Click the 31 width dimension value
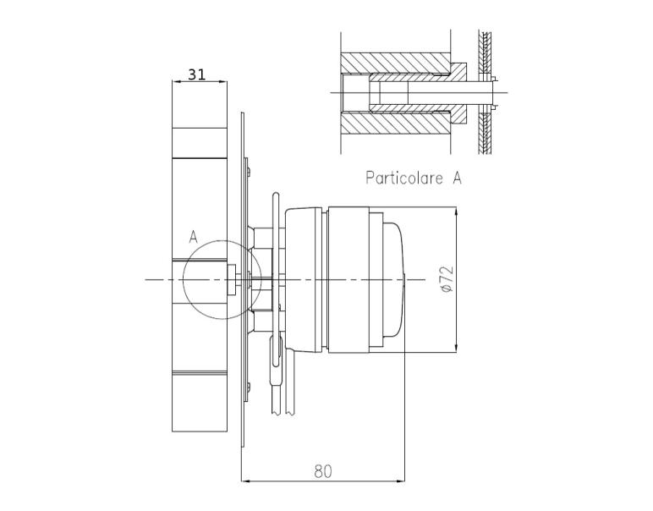(x=196, y=74)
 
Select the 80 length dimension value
(x=323, y=471)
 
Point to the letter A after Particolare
(x=457, y=178)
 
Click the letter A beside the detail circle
(x=193, y=237)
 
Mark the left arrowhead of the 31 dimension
(x=175, y=82)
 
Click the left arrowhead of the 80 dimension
(x=245, y=481)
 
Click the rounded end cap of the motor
(x=395, y=279)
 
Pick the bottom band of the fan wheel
(x=200, y=401)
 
